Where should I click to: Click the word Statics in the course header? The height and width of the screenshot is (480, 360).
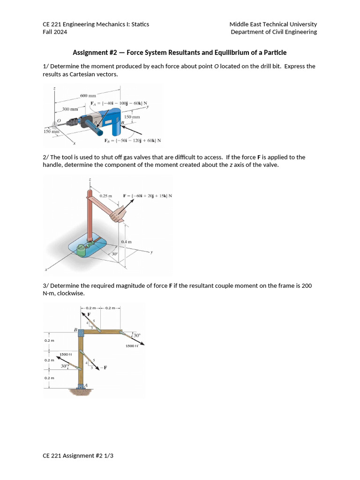coord(139,24)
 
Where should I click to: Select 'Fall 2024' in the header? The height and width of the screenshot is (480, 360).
coord(55,32)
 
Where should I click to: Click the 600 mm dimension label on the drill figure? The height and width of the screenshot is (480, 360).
coord(88,96)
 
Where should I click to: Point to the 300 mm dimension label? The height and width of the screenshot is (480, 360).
coord(70,109)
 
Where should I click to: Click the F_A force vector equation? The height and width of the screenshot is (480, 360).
coord(119,104)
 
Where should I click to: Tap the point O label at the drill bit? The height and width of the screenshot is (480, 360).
coord(59,121)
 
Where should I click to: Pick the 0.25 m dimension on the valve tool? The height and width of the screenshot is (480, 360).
coord(105,195)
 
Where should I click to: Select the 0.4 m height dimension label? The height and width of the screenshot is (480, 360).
coord(126,242)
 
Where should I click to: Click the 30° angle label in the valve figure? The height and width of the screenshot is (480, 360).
coord(114,254)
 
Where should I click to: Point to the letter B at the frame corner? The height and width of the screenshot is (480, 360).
coord(75,330)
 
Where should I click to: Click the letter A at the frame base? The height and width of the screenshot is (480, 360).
coord(86,385)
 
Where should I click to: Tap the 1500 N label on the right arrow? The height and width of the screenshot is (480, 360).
coord(132,346)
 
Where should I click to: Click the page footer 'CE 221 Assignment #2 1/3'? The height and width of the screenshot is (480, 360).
coord(78,455)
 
